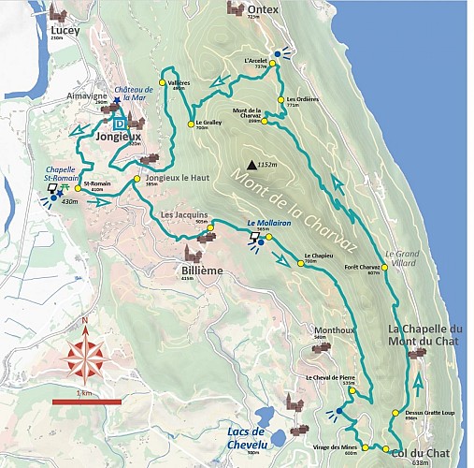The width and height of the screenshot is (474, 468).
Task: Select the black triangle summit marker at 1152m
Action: [251, 166]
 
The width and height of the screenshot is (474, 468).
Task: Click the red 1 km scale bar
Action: [87, 402]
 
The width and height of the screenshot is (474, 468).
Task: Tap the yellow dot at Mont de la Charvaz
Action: [265, 121]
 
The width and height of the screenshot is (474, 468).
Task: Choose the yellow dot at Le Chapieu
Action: [301, 263]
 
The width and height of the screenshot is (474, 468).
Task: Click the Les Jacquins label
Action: [183, 215]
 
